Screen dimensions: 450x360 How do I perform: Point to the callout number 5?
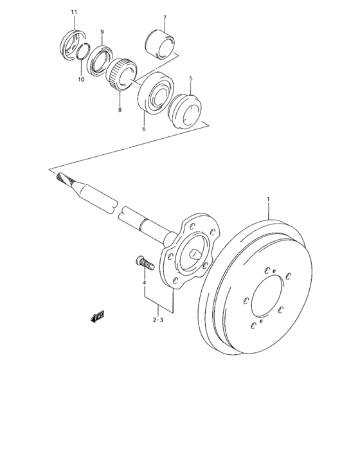click(x=191, y=78)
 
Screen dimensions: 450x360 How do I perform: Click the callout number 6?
click(x=144, y=129)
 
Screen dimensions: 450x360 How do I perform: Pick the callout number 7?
click(x=165, y=17)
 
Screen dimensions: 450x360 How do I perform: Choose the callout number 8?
click(x=120, y=111)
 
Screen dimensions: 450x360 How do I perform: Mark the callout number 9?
click(x=102, y=32)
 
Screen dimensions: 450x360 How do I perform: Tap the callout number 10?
click(x=81, y=80)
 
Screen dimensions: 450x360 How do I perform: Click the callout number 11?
click(x=73, y=12)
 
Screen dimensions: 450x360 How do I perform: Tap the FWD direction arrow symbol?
click(x=98, y=315)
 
